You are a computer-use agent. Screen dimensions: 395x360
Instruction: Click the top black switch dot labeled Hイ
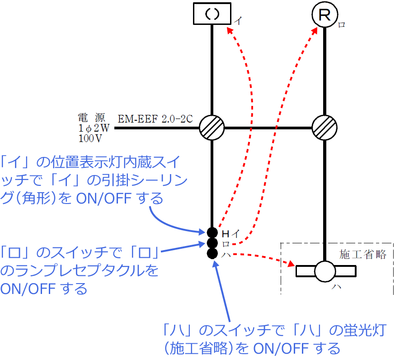pos(212,232)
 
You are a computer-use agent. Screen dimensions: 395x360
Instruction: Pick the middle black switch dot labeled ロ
pos(212,243)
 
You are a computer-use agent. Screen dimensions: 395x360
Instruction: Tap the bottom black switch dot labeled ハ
pos(212,254)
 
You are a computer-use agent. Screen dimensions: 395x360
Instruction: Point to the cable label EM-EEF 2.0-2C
pos(155,119)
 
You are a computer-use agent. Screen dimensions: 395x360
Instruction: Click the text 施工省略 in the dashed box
pos(363,254)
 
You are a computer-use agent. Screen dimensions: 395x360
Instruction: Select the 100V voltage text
pos(90,138)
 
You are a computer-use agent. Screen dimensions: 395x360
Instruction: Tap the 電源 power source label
pos(91,118)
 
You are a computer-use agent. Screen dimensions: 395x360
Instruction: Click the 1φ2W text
pos(94,128)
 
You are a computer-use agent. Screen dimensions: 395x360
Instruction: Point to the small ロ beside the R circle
pos(341,25)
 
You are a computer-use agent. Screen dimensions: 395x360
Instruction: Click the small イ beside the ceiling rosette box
pos(238,20)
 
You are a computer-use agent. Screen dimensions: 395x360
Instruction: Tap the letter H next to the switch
pos(226,234)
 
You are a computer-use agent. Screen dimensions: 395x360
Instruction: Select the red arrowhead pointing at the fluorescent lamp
pos(292,264)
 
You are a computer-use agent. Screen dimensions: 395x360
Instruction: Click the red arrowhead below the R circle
pos(315,31)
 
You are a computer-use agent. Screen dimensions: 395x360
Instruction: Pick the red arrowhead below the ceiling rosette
pos(230,31)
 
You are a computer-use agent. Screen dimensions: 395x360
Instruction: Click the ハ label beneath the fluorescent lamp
pos(336,287)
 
